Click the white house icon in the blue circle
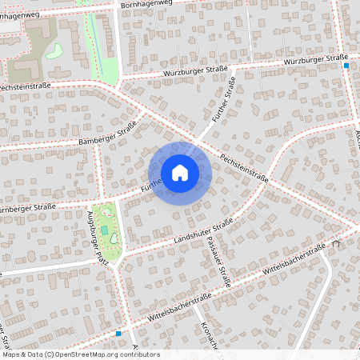[180, 172]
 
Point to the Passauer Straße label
[218, 262]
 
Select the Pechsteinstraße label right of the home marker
[245, 168]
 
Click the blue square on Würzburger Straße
[346, 66]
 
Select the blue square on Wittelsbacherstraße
[118, 332]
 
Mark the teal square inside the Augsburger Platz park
[105, 230]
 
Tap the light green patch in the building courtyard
[54, 51]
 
